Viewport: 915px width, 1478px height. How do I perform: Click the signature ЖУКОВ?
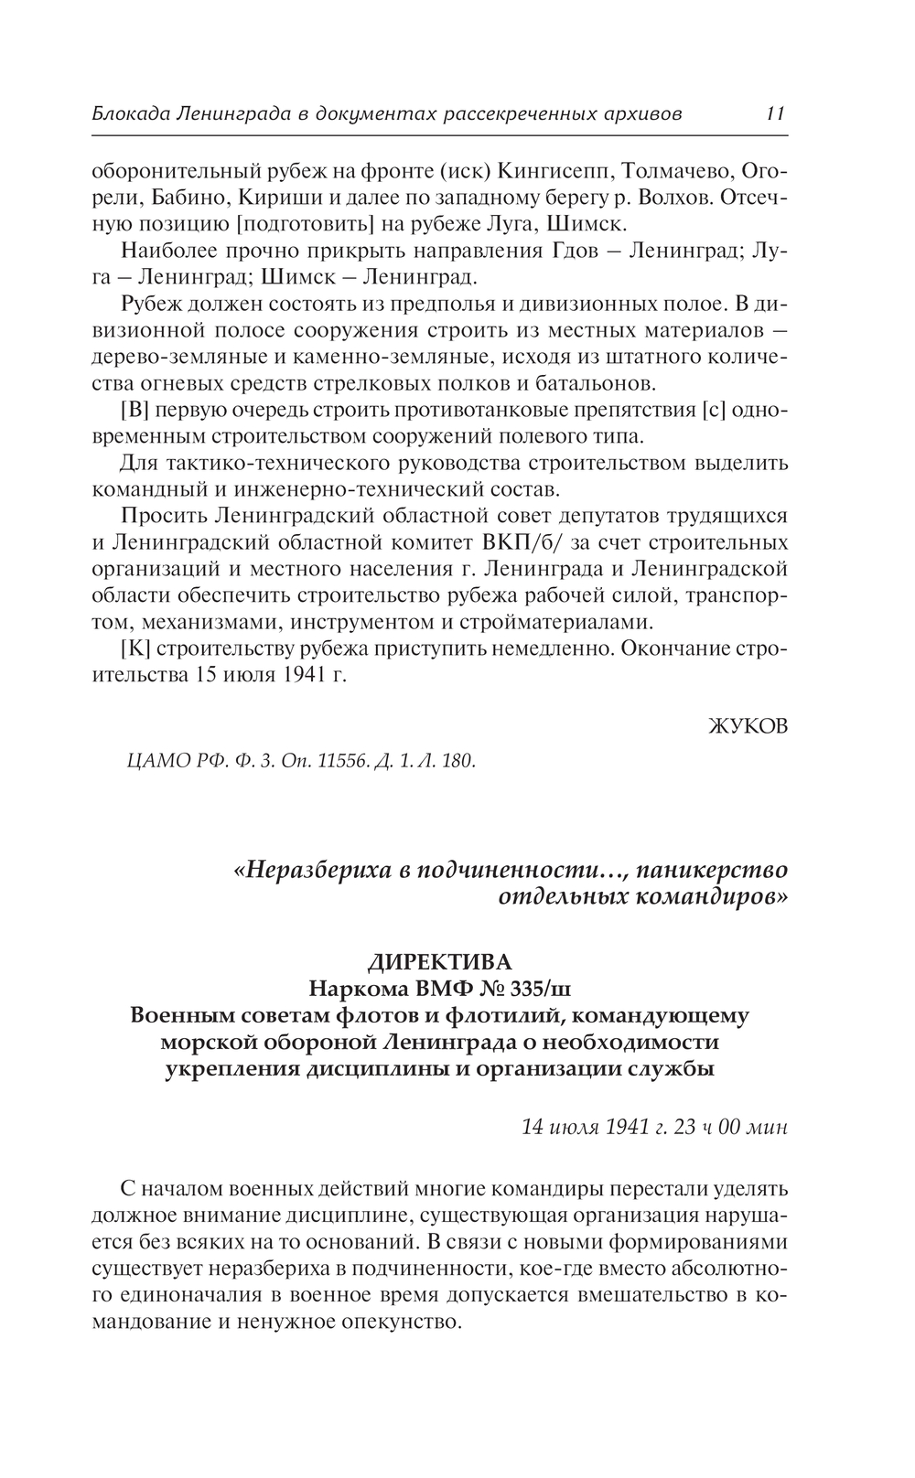pyautogui.click(x=748, y=726)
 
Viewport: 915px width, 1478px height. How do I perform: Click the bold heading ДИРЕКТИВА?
pyautogui.click(x=439, y=962)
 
